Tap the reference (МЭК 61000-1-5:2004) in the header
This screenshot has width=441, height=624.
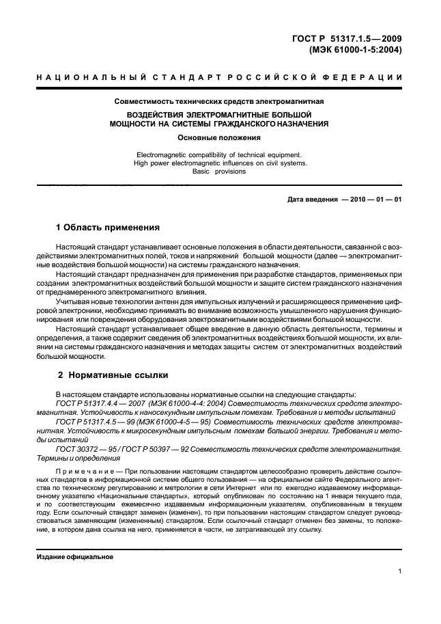coord(359,50)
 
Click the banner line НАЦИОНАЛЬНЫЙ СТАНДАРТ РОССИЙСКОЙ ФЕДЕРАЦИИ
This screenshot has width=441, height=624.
coord(219,78)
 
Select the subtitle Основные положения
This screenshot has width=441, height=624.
coord(219,137)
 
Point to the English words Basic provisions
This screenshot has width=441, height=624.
coord(219,172)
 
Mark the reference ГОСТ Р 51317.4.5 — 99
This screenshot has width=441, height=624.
coord(96,422)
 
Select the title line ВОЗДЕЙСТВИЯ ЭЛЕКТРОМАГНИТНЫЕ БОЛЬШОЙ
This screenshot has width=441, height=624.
coord(219,115)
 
